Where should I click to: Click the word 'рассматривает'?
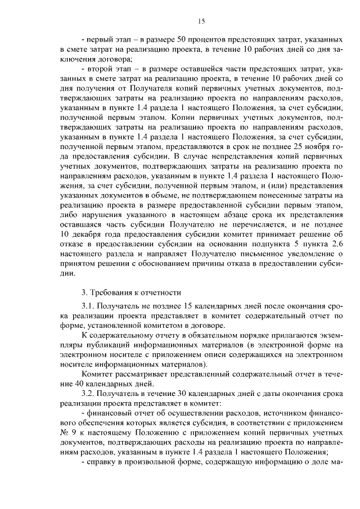(144, 374)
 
